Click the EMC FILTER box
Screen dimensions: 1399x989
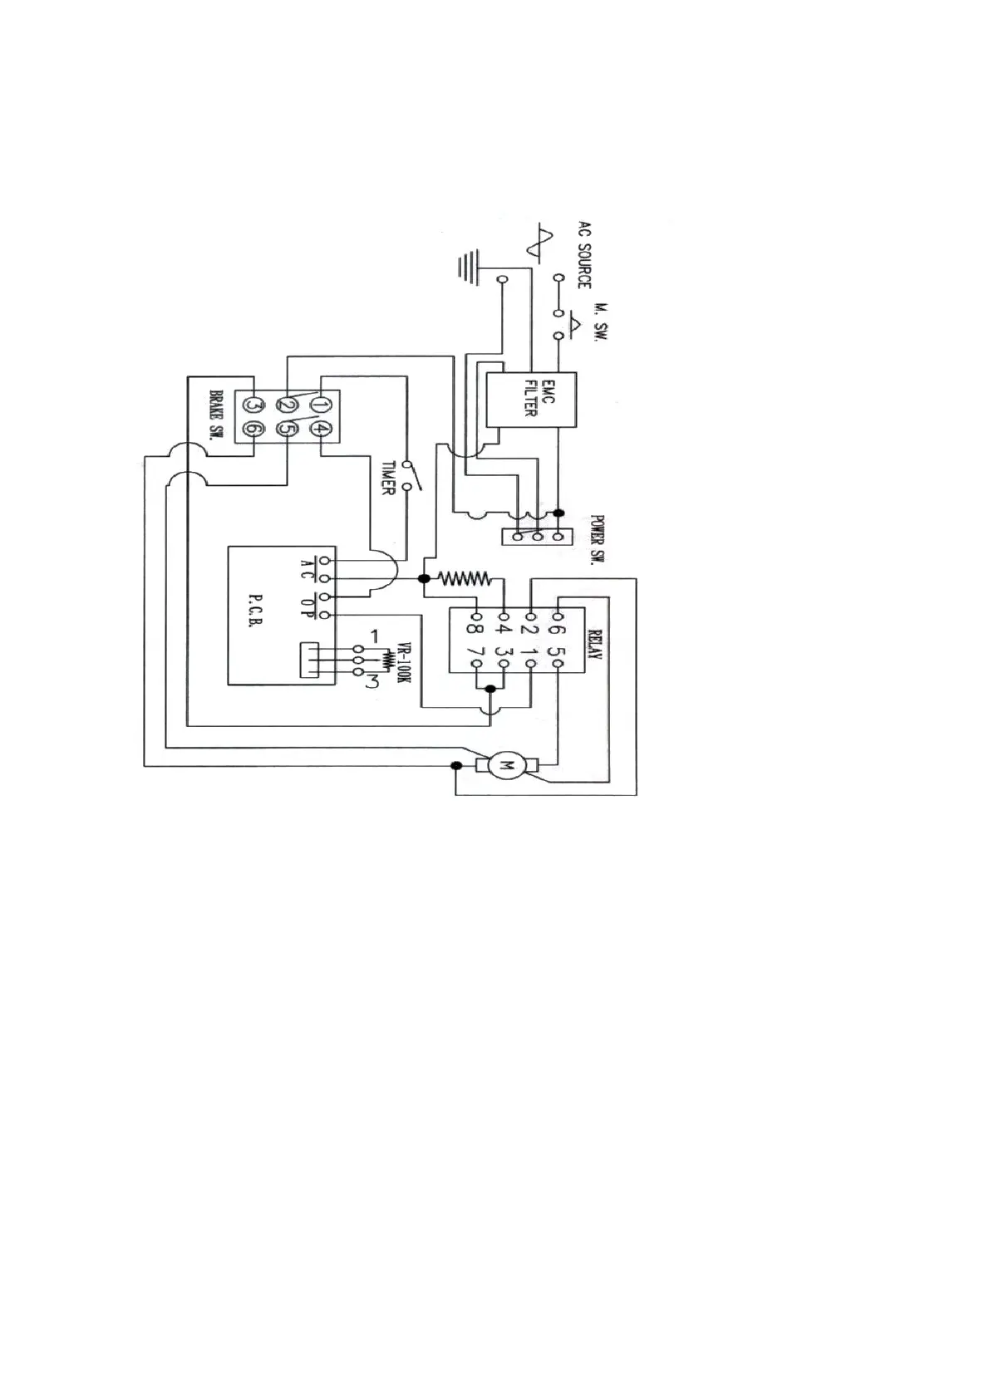point(530,400)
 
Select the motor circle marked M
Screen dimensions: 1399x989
point(506,764)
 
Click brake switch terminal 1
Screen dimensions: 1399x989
point(318,405)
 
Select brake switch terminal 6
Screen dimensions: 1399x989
point(253,430)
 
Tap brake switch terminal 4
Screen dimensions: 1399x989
point(320,430)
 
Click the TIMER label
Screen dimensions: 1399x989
point(386,479)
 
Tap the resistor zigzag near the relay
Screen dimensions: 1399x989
point(465,577)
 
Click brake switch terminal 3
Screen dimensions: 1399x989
point(253,405)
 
